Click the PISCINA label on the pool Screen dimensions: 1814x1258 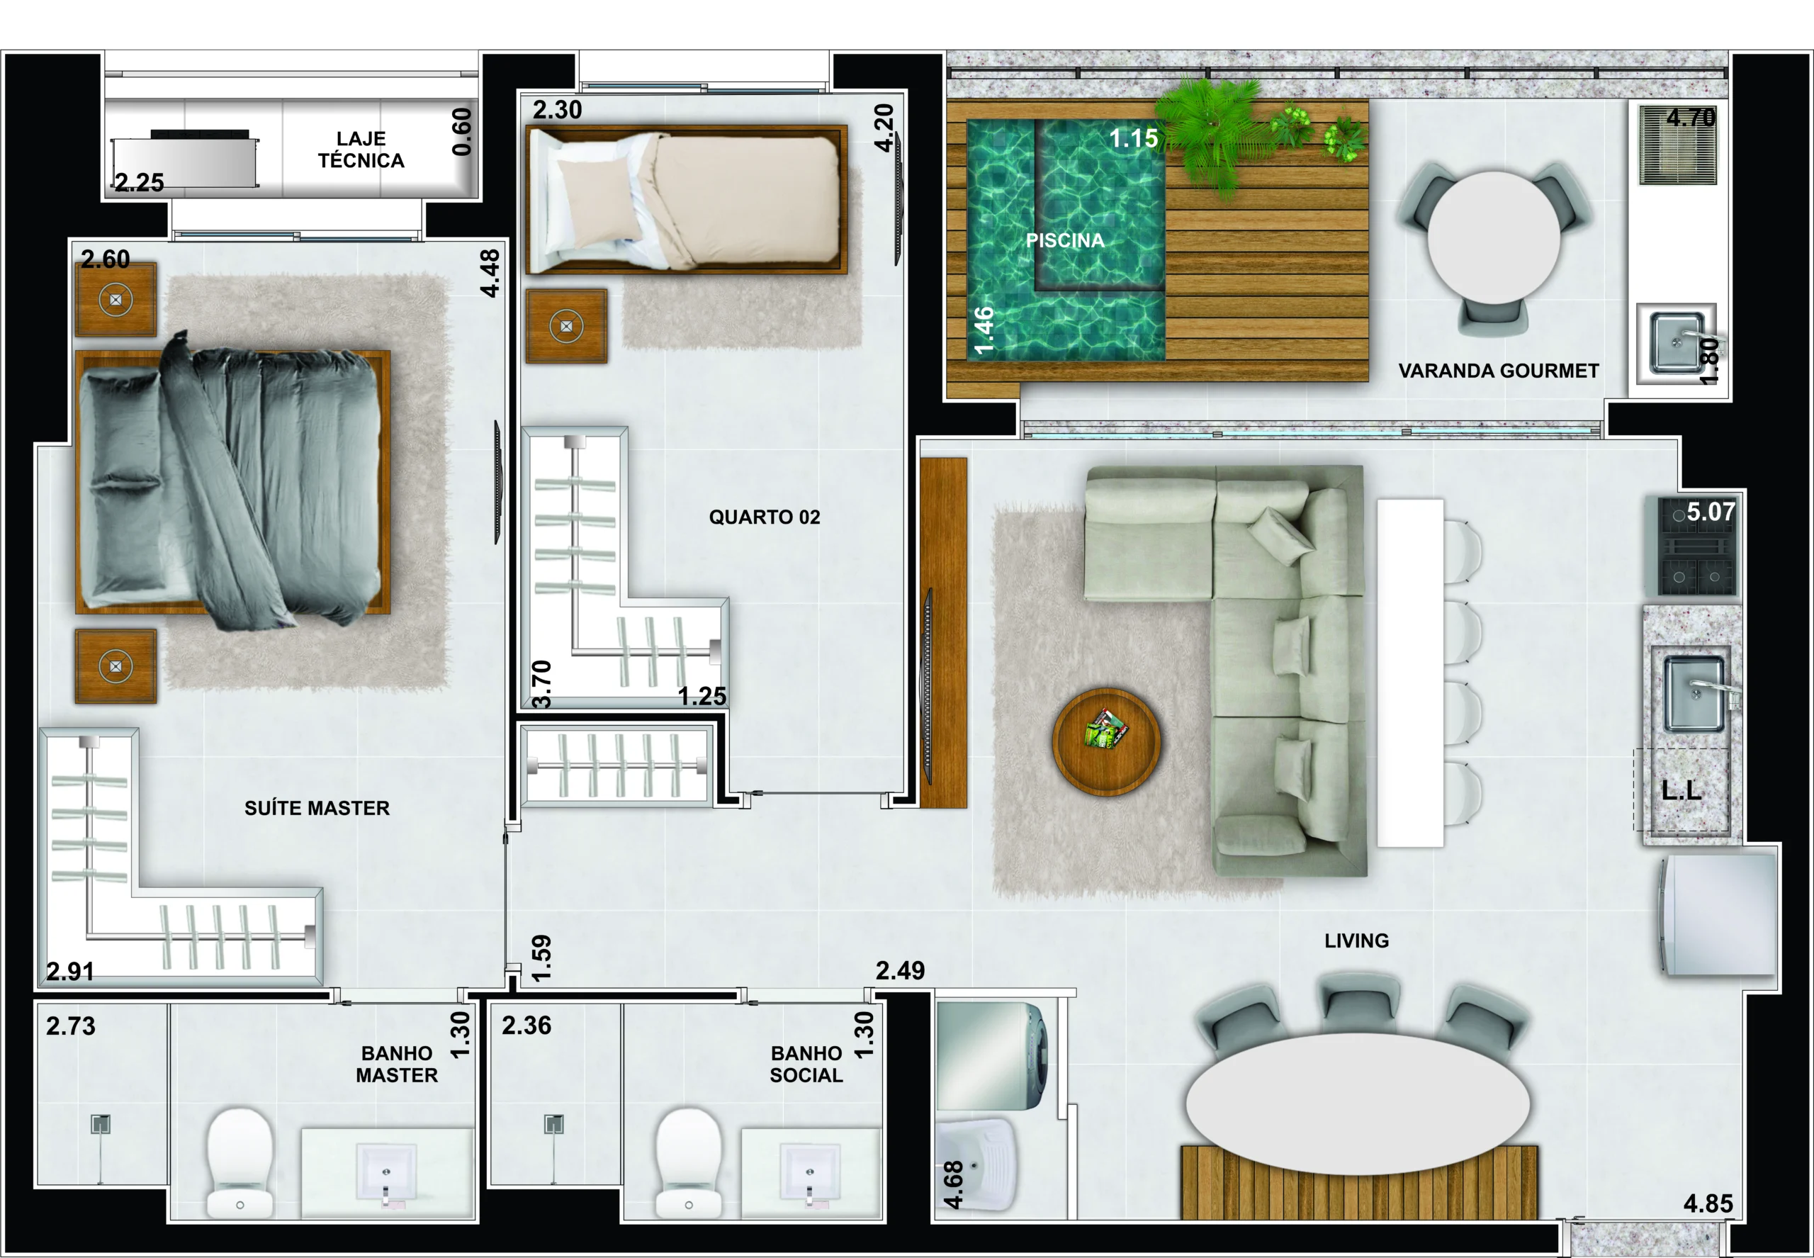coord(1064,240)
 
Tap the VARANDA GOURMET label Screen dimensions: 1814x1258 coord(1498,371)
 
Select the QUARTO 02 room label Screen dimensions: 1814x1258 coord(765,517)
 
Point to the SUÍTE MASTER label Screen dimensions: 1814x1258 coord(317,808)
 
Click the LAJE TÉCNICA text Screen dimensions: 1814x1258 coord(361,150)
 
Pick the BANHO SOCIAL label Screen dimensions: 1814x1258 coord(806,1064)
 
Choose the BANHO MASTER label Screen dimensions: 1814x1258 coord(396,1064)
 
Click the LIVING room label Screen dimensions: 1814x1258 coord(1356,940)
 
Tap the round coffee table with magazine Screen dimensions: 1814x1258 coord(1106,742)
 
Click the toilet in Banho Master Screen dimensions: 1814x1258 coord(240,1162)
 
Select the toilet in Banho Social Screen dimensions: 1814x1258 coord(689,1162)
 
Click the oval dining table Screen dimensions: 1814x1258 coord(1358,1103)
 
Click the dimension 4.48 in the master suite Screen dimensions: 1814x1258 coord(490,274)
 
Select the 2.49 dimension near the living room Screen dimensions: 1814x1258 coord(900,970)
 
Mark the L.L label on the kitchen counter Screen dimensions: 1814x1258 coord(1681,790)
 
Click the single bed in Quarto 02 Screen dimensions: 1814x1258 coord(687,199)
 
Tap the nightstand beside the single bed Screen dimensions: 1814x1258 coord(567,325)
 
